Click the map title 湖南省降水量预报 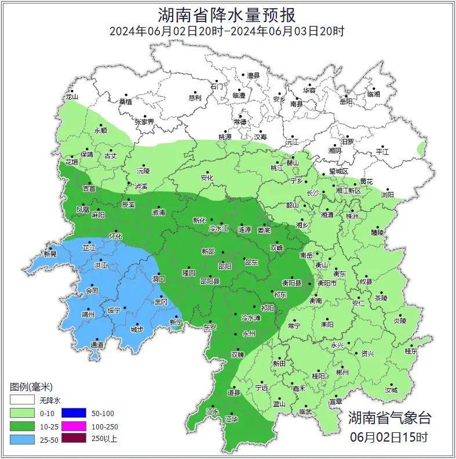coord(227,13)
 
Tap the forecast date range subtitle coord(227,31)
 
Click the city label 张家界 coord(144,122)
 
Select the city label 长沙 coord(313,193)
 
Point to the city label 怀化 coord(116,236)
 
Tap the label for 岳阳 coord(345,102)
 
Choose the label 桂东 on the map coord(411,351)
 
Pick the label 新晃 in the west coord(50,254)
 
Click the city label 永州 coord(249,334)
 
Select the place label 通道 coord(97,345)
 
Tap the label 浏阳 coord(387,195)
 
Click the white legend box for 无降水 coord(22,400)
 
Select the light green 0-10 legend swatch coord(22,413)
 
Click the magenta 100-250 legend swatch coord(75,426)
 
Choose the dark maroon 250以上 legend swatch coord(75,438)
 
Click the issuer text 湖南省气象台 coord(389,417)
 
